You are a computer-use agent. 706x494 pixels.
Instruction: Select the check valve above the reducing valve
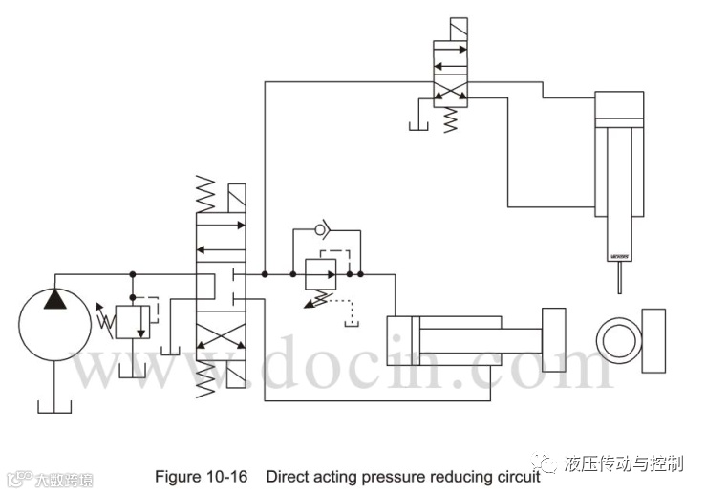coord(323,231)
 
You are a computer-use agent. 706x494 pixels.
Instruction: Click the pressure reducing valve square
coord(322,273)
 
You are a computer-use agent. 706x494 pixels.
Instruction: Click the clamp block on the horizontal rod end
coord(554,340)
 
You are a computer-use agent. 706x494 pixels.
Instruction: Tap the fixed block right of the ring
coord(653,340)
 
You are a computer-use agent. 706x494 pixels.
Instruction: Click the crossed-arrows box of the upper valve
coord(450,94)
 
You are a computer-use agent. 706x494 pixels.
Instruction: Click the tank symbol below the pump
coord(54,406)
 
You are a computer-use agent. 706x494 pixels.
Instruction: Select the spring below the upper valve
coord(450,120)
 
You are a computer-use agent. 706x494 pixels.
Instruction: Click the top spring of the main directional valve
coord(205,195)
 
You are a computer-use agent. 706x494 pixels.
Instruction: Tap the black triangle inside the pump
coord(55,301)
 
